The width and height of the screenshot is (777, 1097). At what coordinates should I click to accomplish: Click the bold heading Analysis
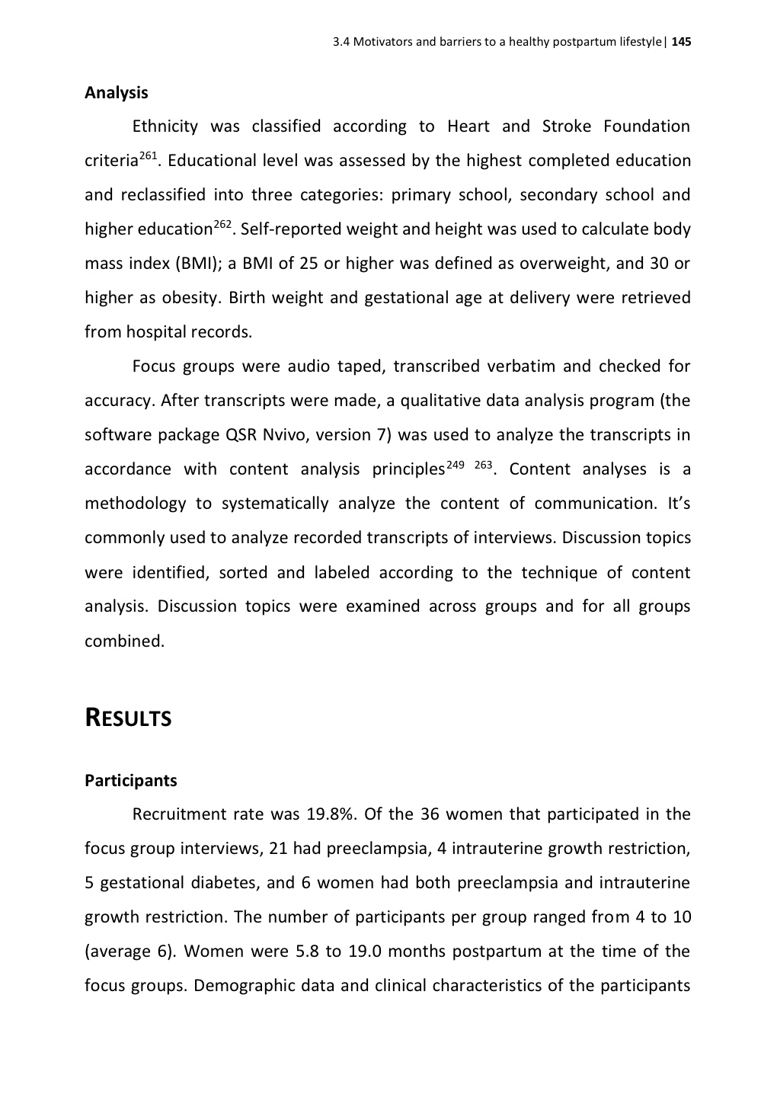pyautogui.click(x=116, y=93)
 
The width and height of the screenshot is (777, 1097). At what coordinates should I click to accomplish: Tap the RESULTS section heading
pyautogui.click(x=128, y=718)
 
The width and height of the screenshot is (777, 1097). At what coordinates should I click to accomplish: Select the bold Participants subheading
pyautogui.click(x=130, y=780)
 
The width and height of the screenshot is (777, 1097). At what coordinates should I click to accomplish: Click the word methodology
pyautogui.click(x=135, y=504)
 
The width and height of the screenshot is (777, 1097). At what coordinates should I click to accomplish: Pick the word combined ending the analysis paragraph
pyautogui.click(x=123, y=641)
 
